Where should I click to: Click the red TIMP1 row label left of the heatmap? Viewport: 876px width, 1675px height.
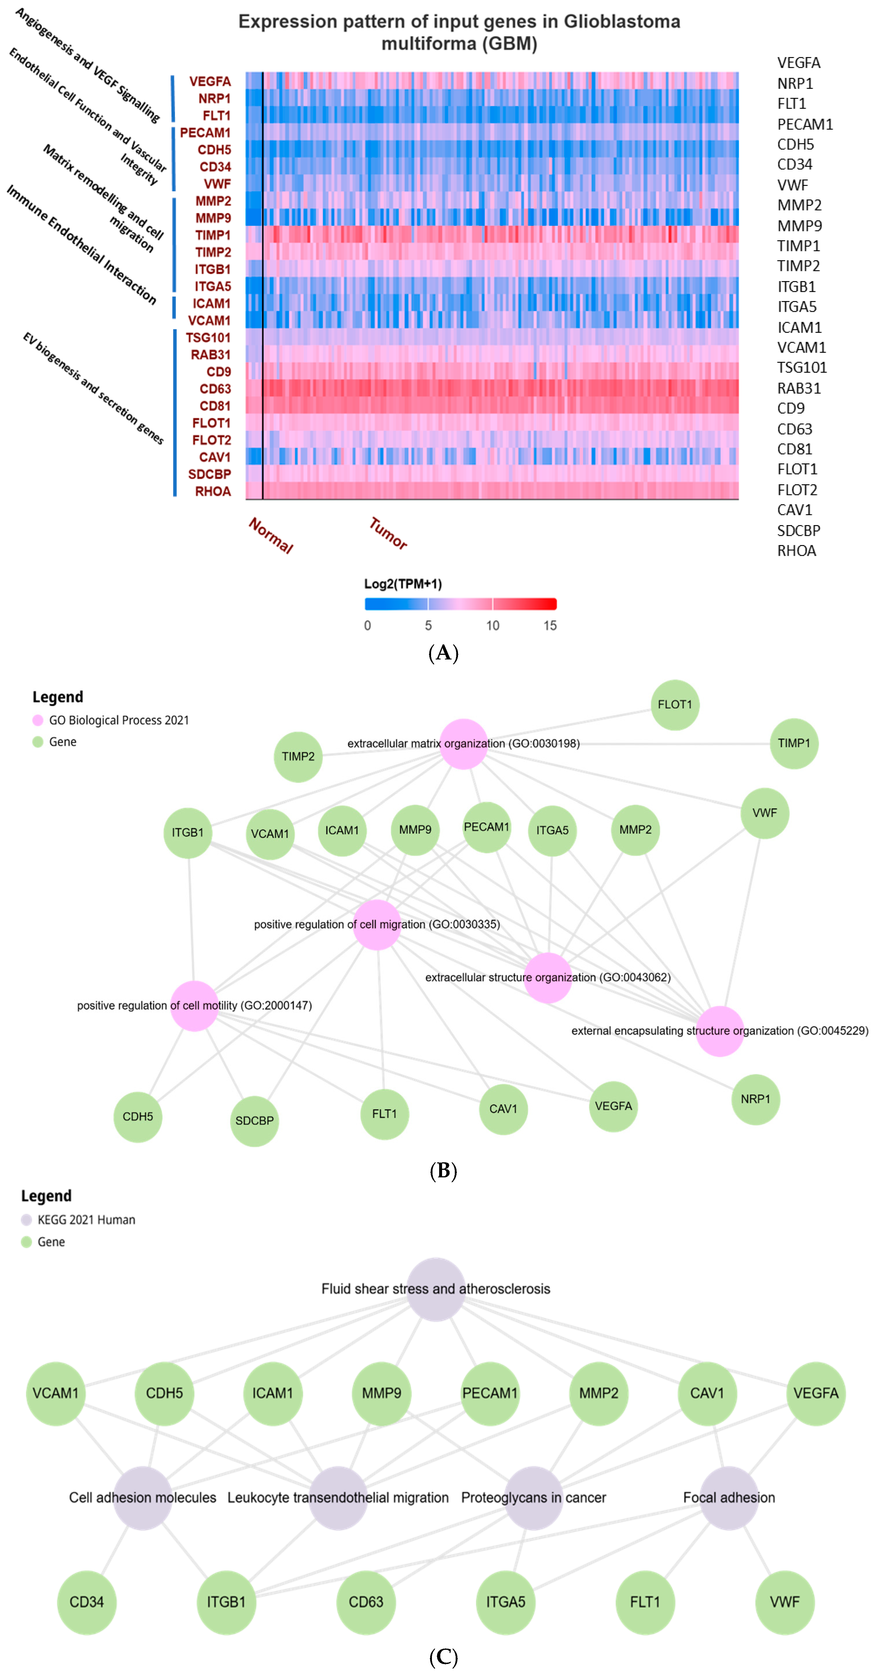tap(213, 235)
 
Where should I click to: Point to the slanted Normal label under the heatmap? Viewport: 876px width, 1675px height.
tap(271, 535)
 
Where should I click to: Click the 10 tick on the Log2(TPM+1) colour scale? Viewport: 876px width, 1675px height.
tap(492, 626)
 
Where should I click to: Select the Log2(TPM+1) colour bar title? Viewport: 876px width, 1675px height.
tap(403, 583)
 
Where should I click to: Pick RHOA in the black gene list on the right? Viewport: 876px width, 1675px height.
tap(796, 551)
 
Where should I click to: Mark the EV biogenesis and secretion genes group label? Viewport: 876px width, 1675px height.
tap(93, 388)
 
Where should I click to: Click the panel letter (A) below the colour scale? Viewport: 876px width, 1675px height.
tap(444, 652)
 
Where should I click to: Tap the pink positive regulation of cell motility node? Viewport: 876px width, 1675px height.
tap(194, 1005)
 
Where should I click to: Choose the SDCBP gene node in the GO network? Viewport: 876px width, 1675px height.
tap(254, 1120)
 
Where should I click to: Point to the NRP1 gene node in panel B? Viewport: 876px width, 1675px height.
tap(755, 1099)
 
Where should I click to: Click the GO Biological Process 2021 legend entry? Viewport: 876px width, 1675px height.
tap(118, 720)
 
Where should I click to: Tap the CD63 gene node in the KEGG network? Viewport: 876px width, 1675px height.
tap(366, 1601)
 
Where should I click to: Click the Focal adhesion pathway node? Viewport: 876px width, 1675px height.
tap(728, 1498)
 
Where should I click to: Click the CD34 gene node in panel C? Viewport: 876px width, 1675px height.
tap(87, 1601)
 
